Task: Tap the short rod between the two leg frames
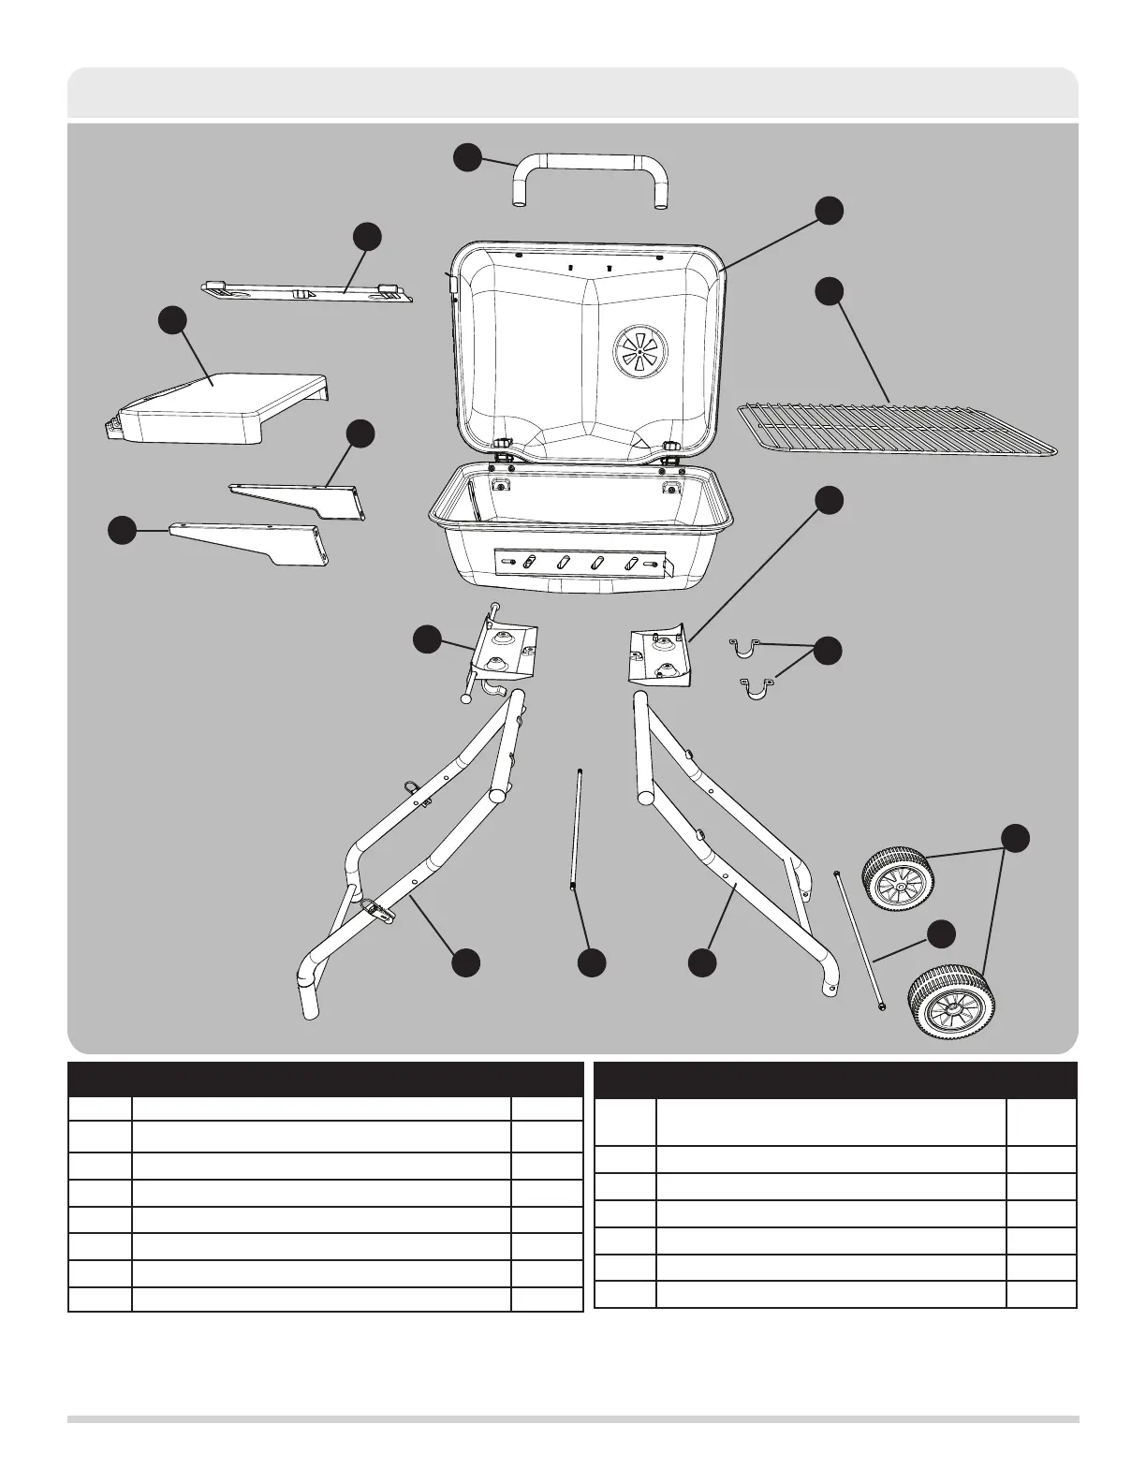576,829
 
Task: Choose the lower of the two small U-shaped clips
757,692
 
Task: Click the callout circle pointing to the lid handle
468,157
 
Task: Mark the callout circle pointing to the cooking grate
828,290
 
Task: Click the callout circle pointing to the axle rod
941,932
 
